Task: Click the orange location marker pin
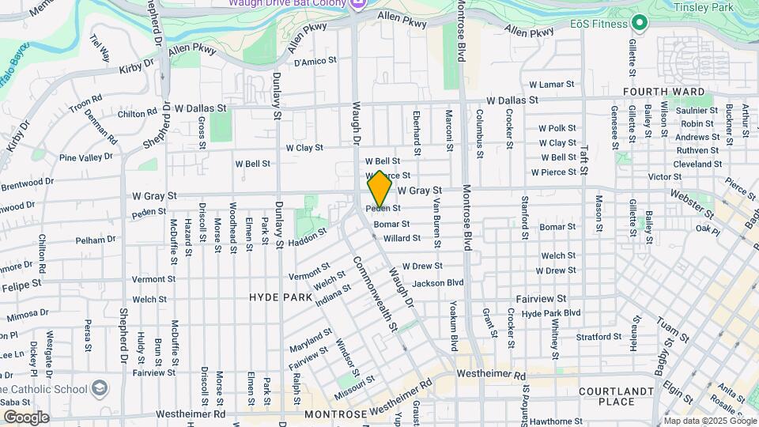pyautogui.click(x=379, y=189)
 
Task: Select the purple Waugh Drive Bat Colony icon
pyautogui.click(x=357, y=4)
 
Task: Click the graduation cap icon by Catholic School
pyautogui.click(x=100, y=388)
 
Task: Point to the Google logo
pyautogui.click(x=26, y=417)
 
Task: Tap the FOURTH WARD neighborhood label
pyautogui.click(x=664, y=92)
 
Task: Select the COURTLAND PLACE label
pyautogui.click(x=617, y=396)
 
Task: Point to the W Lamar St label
pyautogui.click(x=551, y=84)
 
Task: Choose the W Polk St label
pyautogui.click(x=557, y=127)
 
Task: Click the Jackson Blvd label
pyautogui.click(x=437, y=282)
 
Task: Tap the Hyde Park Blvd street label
pyautogui.click(x=551, y=313)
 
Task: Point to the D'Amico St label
pyautogui.click(x=315, y=60)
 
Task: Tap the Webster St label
pyautogui.click(x=685, y=203)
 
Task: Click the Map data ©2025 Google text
pyautogui.click(x=709, y=420)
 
